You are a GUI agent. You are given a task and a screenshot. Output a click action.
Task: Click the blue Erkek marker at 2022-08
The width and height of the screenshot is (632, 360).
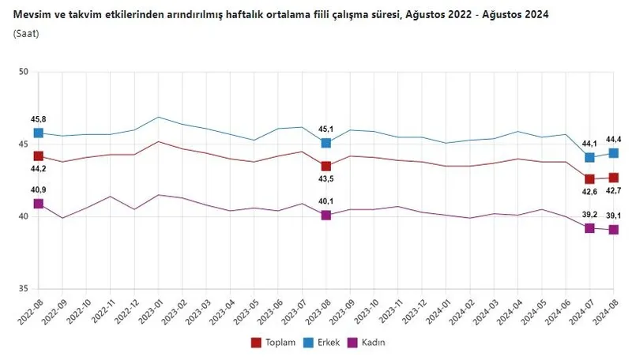[38, 133]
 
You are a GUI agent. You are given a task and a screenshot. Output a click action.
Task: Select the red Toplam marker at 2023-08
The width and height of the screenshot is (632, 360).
[325, 166]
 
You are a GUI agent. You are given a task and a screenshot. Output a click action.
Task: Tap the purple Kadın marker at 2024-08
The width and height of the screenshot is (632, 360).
[613, 230]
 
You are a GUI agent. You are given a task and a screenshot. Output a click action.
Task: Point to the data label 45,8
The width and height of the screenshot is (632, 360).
[38, 119]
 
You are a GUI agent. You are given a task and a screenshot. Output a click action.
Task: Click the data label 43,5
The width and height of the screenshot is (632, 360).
[325, 180]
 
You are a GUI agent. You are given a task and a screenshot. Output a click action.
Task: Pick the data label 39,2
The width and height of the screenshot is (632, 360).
[589, 215]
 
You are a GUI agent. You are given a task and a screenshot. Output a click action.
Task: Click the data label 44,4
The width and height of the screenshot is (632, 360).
[613, 139]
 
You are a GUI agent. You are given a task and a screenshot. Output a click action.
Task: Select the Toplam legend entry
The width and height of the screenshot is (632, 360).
[273, 343]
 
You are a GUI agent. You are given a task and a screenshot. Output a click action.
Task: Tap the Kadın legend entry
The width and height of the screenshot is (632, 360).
[371, 343]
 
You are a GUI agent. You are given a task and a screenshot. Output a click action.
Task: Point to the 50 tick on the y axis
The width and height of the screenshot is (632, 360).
[23, 73]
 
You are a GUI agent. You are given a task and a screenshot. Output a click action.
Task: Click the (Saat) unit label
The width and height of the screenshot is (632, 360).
[26, 33]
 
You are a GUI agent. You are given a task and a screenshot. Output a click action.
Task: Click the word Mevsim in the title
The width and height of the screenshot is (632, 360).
[32, 15]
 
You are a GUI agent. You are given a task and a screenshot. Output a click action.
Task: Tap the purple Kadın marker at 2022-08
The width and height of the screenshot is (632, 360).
[38, 204]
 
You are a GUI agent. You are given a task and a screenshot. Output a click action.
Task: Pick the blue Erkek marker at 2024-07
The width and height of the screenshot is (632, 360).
[589, 157]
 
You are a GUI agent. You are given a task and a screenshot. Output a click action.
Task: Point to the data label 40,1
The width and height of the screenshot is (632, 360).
[325, 201]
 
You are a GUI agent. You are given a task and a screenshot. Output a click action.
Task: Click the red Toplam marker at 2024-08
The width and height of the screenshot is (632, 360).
[613, 178]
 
